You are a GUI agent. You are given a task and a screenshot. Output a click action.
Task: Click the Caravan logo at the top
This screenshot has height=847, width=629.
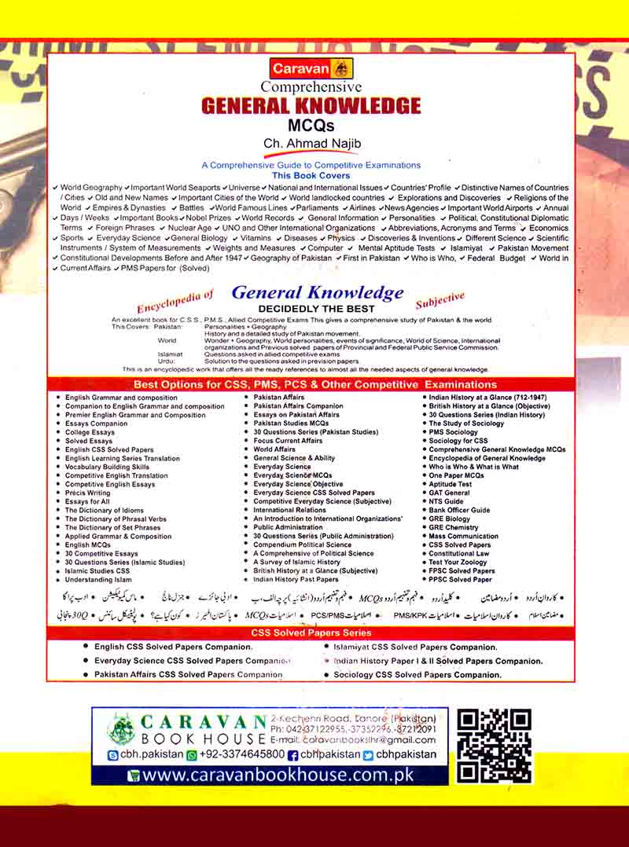312,68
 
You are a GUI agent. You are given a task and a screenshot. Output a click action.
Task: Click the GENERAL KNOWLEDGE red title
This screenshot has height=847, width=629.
311,106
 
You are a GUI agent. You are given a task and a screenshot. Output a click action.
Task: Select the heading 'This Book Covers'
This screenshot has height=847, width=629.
311,176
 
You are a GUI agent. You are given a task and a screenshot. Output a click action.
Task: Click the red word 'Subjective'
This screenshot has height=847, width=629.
440,299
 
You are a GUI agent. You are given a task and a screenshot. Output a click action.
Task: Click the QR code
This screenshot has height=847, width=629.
495,746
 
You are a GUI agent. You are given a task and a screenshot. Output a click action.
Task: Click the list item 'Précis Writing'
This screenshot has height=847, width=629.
87,493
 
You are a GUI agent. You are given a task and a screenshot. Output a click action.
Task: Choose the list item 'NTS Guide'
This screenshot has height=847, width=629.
446,501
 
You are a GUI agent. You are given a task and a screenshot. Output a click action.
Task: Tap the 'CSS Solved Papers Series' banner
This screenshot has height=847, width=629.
311,632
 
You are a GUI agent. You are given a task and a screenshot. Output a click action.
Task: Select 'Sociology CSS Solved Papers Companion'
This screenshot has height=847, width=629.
417,675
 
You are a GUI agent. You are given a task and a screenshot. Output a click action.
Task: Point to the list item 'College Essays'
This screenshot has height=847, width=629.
90,432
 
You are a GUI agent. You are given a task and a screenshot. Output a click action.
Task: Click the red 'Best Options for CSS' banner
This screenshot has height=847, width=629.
314,385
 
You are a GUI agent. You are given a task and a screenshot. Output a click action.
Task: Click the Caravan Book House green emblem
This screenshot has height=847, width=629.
122,730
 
